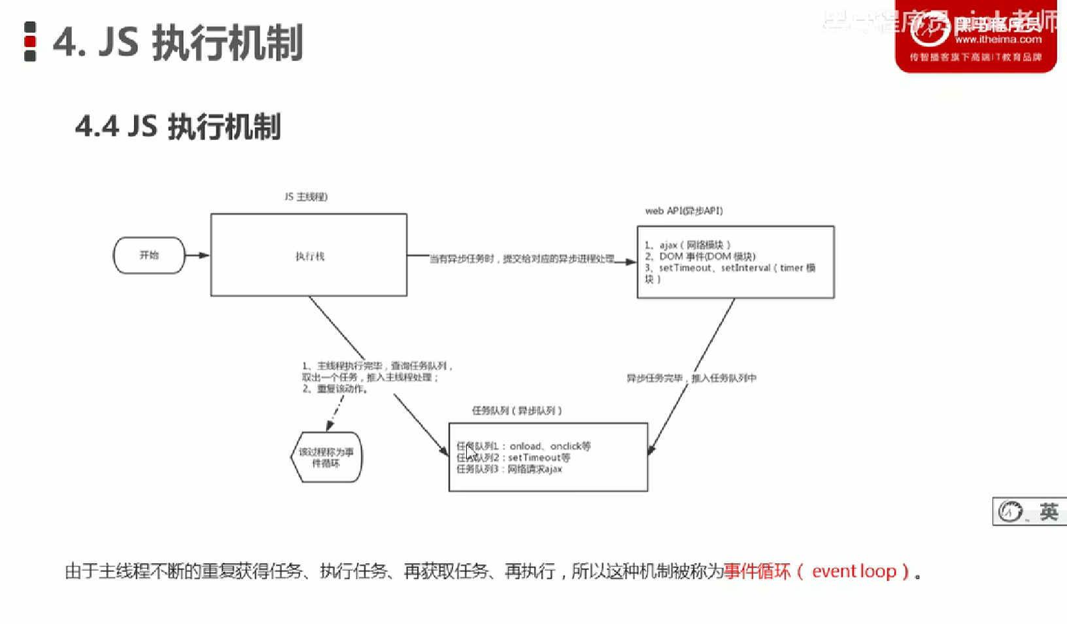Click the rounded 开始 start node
149,255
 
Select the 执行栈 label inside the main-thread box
310,256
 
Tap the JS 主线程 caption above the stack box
306,197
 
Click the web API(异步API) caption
684,211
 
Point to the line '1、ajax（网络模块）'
688,245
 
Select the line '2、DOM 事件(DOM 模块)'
700,256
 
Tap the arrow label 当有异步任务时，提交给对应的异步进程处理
522,259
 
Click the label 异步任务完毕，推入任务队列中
691,378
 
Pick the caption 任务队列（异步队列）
517,411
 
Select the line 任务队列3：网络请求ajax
509,469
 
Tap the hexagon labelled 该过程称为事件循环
326,457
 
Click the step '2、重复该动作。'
335,389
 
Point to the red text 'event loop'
854,571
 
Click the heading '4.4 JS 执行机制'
178,126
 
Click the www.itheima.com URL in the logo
998,40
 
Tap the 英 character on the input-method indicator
1049,511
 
